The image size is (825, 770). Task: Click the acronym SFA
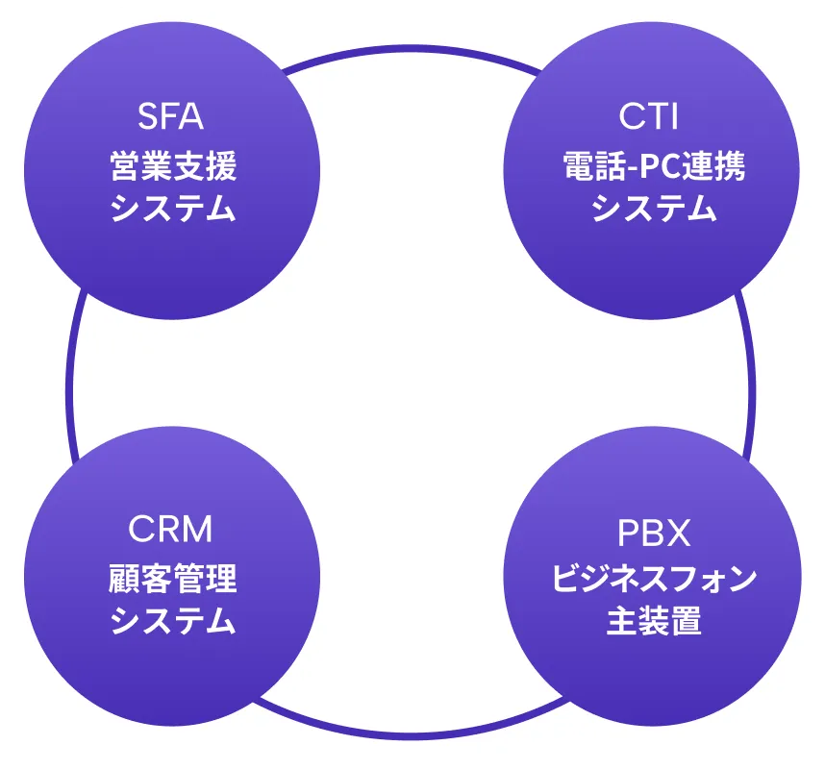[x=172, y=117]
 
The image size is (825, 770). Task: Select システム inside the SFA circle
[x=172, y=208]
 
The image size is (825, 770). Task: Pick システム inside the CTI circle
[x=653, y=208]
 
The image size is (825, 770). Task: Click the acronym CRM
[x=170, y=529]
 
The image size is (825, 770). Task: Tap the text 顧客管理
[x=172, y=580]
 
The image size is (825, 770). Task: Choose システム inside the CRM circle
[x=172, y=621]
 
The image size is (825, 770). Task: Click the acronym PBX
[x=653, y=531]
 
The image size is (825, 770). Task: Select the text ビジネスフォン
[x=654, y=580]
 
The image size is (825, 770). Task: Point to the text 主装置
[x=654, y=621]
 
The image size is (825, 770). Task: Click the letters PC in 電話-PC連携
[x=653, y=167]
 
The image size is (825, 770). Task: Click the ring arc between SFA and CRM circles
[x=70, y=385]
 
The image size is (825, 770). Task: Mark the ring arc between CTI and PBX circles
[x=752, y=385]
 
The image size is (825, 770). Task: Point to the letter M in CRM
[x=197, y=529]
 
